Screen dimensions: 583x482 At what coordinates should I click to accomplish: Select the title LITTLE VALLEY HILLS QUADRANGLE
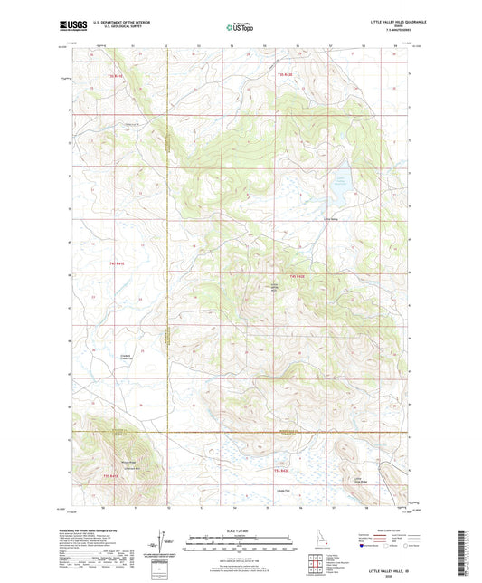(x=388, y=22)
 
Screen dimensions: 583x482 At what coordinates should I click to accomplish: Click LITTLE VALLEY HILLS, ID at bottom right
(x=389, y=563)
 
